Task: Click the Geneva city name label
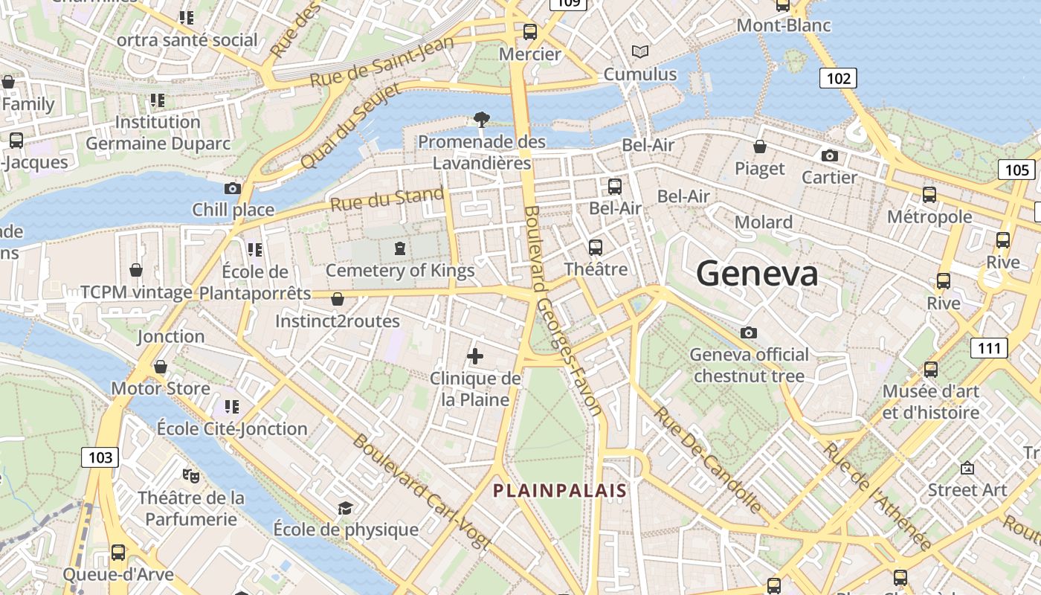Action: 757,274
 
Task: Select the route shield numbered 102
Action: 838,77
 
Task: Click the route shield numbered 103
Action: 100,457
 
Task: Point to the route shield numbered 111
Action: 989,347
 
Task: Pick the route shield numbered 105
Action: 1016,170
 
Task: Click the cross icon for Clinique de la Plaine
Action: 475,356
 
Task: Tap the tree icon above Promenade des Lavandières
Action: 482,119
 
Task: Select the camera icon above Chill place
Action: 233,189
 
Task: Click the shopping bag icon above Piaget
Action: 760,147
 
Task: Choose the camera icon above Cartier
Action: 830,156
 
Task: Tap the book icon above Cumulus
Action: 640,52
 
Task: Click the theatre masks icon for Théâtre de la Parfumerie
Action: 191,475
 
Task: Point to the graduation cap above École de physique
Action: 345,508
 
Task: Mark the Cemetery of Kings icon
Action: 400,248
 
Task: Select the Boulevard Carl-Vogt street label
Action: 421,492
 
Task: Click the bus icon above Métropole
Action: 929,195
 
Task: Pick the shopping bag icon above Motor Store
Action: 161,367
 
